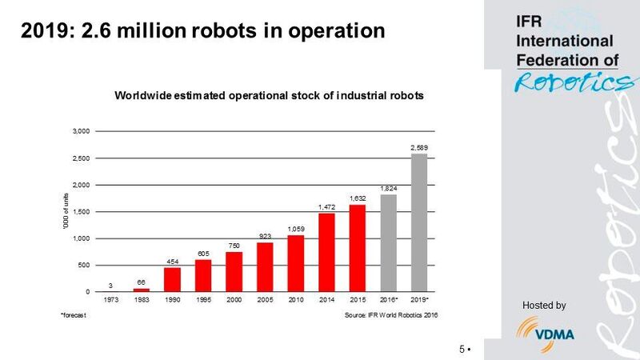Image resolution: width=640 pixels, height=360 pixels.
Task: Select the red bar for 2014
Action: click(x=326, y=252)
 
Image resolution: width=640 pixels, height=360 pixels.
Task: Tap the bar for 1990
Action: click(x=172, y=279)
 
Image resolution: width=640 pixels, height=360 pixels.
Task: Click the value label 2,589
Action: click(x=419, y=148)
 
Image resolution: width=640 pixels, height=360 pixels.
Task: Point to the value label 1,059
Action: click(x=295, y=229)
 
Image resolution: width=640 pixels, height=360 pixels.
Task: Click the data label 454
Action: click(x=172, y=261)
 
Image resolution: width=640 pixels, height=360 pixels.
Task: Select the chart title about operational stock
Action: click(x=269, y=95)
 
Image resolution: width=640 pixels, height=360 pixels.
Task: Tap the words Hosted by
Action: click(x=544, y=305)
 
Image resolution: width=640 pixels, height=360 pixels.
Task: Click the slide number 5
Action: click(x=462, y=350)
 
